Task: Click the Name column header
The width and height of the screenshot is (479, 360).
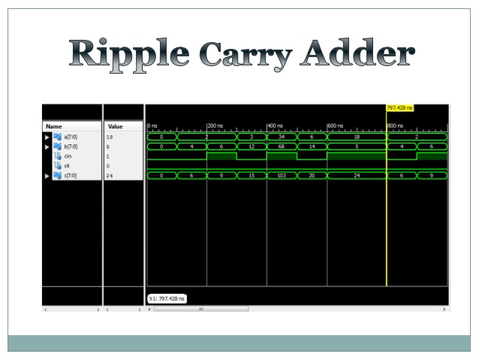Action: pos(54,126)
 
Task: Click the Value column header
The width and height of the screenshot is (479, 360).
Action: pos(116,126)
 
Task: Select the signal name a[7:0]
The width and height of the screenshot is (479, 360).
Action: pos(72,137)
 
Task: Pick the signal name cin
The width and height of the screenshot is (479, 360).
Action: pos(68,156)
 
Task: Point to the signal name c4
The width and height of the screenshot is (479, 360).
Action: pos(66,165)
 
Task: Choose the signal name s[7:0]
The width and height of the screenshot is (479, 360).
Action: pos(72,176)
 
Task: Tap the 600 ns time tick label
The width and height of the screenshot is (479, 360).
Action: pos(336,125)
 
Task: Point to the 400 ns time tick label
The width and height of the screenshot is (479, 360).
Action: pos(276,125)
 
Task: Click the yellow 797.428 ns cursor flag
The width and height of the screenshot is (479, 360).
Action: pos(399,107)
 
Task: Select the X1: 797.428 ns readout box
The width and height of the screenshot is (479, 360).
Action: pos(166,298)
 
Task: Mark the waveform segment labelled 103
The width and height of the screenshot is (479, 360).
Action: pos(282,176)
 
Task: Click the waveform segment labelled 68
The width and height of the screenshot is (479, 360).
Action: pos(282,147)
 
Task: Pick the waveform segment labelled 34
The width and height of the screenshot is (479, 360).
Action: pos(282,137)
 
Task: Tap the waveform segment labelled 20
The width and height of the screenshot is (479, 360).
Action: pos(312,176)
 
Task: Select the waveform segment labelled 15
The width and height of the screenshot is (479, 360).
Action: pos(251,176)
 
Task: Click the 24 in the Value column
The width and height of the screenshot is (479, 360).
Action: pos(110,176)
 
